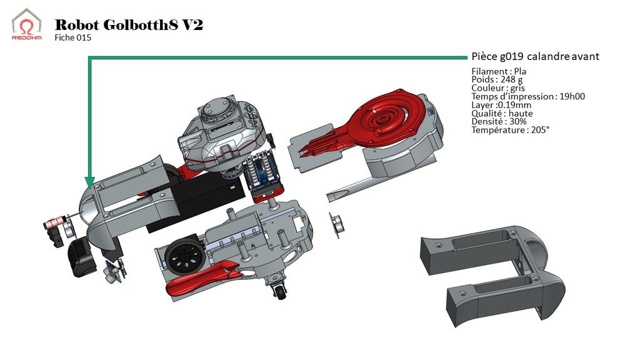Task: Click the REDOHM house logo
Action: click(26, 24)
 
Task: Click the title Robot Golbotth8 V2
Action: click(129, 25)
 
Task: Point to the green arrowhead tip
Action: click(90, 186)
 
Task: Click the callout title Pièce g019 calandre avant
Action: click(535, 56)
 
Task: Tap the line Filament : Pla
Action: click(499, 71)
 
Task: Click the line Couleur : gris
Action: click(498, 88)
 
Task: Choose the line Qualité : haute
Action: click(501, 113)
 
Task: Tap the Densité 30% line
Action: click(499, 121)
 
